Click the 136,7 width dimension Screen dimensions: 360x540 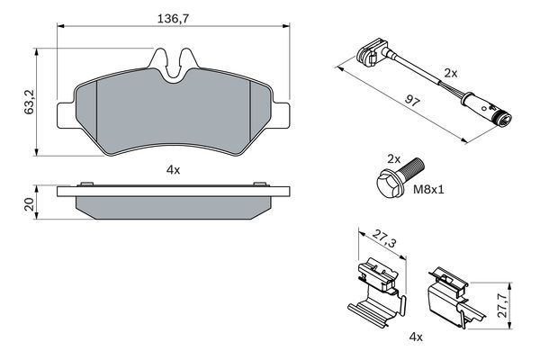pos(174,17)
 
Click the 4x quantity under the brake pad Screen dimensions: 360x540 pos(174,169)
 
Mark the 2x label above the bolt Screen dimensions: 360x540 pos(392,158)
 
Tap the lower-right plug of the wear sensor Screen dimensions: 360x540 pos(500,117)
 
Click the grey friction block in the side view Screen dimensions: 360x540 pos(174,208)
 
